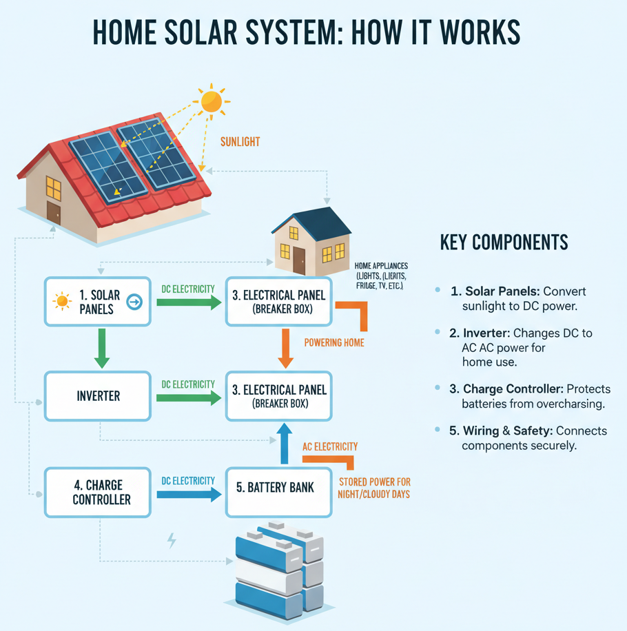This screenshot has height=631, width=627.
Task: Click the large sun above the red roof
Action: (212, 101)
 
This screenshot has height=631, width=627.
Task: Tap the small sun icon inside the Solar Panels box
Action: (63, 301)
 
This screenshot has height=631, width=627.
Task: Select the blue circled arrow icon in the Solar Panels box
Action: (134, 301)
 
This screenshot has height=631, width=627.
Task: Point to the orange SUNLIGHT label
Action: (240, 142)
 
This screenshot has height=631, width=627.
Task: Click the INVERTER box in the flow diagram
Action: (98, 396)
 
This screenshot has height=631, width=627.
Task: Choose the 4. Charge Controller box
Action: (98, 492)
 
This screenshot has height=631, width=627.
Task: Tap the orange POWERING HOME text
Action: (333, 342)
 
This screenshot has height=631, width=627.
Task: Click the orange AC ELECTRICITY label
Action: (330, 446)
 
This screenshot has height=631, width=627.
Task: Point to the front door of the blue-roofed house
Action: (299, 260)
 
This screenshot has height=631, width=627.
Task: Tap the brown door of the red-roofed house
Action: (54, 213)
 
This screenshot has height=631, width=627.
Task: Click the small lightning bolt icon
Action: (172, 539)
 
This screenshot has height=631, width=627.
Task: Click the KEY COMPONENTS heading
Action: (504, 242)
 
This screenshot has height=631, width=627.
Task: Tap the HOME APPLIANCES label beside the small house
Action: (380, 265)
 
